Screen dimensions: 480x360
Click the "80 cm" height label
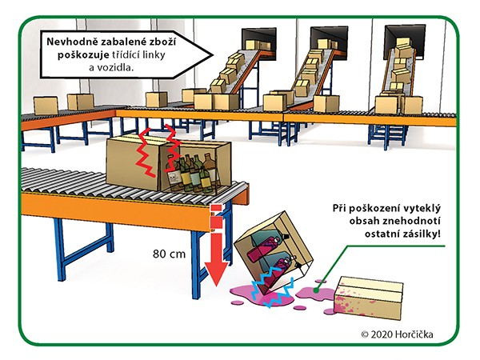coord(169,254)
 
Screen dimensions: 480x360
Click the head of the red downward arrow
coord(216,274)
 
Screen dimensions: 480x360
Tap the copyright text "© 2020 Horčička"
coord(397,334)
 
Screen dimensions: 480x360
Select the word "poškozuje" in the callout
coord(83,54)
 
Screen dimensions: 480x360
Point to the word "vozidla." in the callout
coord(115,67)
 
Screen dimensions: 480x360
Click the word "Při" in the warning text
coord(339,208)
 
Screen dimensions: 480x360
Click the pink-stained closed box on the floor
coord(368,298)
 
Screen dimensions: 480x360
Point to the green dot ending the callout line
coord(316,288)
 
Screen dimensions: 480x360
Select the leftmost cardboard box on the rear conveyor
coord(46,106)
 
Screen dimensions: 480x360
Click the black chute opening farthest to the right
coord(405,42)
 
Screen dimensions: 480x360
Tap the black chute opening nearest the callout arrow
coord(259,43)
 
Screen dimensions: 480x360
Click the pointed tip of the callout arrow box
coord(213,55)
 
